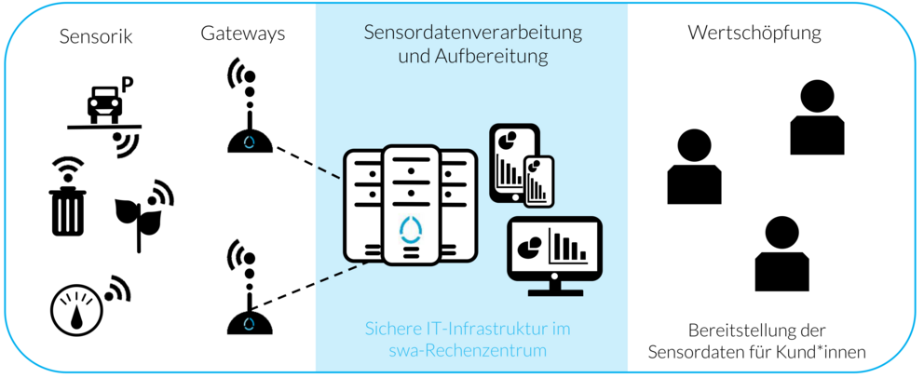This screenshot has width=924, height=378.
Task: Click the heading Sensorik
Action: [x=96, y=37]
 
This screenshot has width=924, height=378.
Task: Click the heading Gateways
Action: [x=242, y=34]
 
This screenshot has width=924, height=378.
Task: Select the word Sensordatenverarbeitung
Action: [x=472, y=34]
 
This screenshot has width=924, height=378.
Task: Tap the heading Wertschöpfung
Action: [x=754, y=34]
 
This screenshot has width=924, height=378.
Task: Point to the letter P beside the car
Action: [x=128, y=85]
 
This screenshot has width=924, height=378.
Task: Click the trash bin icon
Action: [x=67, y=209]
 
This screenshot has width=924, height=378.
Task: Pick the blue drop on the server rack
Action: [x=411, y=227]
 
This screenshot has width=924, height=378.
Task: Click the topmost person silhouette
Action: [x=817, y=117]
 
